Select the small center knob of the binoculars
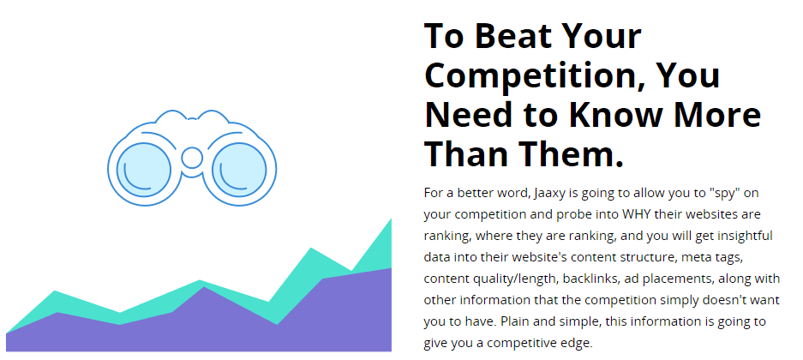click(192, 158)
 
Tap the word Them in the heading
click(571, 154)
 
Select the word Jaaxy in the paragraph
click(548, 195)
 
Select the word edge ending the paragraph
click(579, 344)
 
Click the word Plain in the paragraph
click(513, 321)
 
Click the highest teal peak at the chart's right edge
click(392, 219)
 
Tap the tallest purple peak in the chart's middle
click(204, 287)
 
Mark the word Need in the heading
click(469, 115)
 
